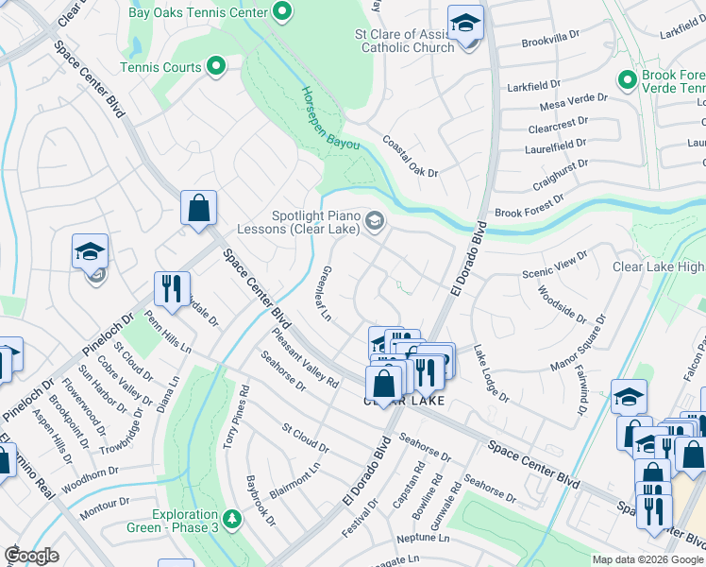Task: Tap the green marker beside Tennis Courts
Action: (x=216, y=67)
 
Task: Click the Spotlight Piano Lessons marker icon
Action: (x=375, y=221)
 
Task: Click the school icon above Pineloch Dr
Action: (x=90, y=251)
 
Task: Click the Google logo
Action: (x=31, y=556)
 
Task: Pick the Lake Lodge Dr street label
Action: (x=491, y=373)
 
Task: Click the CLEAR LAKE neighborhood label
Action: (x=404, y=401)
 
